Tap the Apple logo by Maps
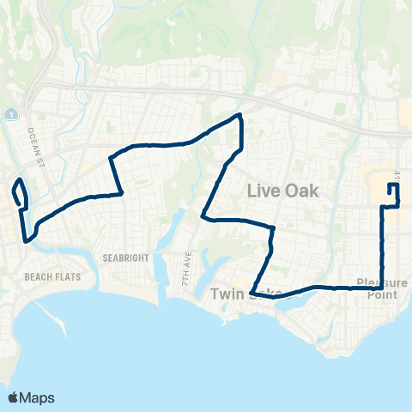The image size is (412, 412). pyautogui.click(x=14, y=397)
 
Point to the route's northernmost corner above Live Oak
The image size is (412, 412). pyautogui.click(x=239, y=115)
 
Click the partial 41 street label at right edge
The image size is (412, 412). pyautogui.click(x=399, y=176)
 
